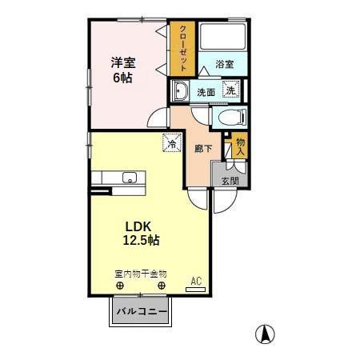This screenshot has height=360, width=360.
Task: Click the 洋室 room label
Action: coord(123,62)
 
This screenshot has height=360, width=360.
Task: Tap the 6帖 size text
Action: coord(122,78)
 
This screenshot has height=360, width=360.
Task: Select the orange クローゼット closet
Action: coord(183,48)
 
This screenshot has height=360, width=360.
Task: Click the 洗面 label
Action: coord(206,92)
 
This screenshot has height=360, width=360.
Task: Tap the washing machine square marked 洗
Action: coord(230,90)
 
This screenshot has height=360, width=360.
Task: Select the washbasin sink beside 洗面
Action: coord(179,91)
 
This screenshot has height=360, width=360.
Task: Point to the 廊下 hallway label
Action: coord(202,148)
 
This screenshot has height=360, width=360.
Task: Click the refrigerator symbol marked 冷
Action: coord(171,144)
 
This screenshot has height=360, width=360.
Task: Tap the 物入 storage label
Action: coord(241,147)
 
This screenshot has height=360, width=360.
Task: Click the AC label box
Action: coord(196,281)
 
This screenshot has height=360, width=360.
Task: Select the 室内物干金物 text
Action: coord(140,272)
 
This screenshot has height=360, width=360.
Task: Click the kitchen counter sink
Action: coord(128,178)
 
